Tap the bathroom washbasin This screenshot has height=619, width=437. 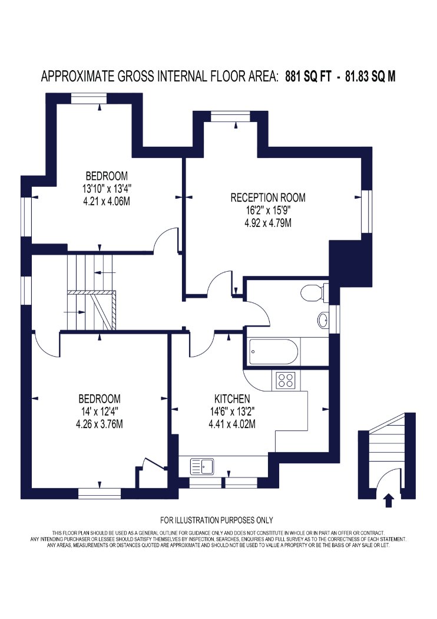tap(323, 320)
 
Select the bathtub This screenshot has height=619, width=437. tap(273, 351)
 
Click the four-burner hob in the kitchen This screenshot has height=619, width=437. tap(286, 380)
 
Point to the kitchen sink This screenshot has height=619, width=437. tap(202, 466)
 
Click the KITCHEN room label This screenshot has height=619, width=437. tap(232, 399)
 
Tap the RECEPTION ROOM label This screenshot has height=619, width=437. tap(268, 197)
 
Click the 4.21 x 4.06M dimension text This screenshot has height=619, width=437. tap(107, 202)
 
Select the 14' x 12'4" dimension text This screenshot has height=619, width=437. tap(100, 411)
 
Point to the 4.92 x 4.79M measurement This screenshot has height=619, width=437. tap(268, 223)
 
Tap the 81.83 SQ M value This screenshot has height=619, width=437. tap(370, 76)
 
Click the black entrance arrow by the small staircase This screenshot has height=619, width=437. tap(389, 499)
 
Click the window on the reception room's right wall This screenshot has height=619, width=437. tap(367, 212)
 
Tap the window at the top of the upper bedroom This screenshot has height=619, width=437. tap(88, 98)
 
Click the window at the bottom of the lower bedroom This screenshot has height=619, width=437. tap(100, 494)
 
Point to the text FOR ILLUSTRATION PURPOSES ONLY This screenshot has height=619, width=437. tap(217, 521)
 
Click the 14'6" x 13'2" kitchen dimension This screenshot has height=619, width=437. tap(232, 411)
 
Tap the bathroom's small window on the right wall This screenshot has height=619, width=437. tap(334, 320)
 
